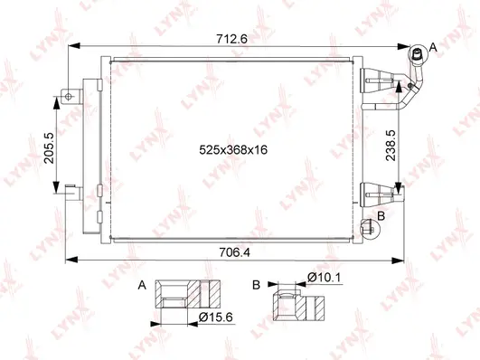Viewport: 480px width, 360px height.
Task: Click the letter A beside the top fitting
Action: tap(433, 47)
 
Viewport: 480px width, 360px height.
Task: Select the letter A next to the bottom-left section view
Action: tap(141, 285)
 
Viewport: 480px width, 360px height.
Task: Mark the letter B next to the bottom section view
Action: tap(258, 285)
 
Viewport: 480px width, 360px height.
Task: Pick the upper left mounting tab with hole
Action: tap(70, 94)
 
